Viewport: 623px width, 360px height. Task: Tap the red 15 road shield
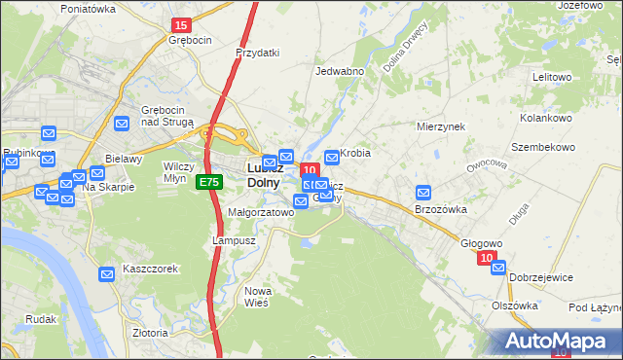[180, 23]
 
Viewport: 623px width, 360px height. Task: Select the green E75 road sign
[207, 182]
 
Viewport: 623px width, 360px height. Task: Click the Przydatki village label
[258, 53]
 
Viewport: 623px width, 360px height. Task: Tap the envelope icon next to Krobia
[332, 156]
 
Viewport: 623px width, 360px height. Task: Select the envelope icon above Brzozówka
[423, 194]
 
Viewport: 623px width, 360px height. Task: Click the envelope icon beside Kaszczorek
[106, 276]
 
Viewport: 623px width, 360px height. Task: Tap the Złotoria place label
[151, 332]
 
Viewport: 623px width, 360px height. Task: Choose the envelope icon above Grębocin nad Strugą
[122, 124]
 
